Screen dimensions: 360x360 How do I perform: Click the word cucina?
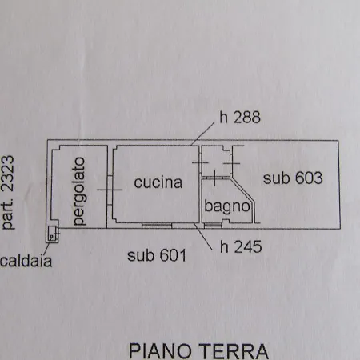[158, 182]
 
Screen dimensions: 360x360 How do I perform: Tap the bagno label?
[227, 206]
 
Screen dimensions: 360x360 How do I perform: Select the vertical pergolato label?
[79, 191]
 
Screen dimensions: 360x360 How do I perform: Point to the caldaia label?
[26, 261]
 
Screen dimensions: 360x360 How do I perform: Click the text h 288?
[240, 118]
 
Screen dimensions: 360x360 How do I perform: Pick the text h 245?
[241, 246]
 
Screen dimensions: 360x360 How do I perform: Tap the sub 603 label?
[293, 178]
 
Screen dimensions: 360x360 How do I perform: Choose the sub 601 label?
[157, 255]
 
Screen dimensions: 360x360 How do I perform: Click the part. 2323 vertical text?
[8, 192]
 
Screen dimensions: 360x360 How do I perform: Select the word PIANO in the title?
[160, 351]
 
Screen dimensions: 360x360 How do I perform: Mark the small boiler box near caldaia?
[52, 234]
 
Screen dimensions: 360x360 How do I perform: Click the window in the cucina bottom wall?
[157, 226]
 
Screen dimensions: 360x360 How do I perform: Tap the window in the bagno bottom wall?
[213, 226]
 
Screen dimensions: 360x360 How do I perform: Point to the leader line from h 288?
[203, 134]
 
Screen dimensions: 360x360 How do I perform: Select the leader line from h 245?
[203, 237]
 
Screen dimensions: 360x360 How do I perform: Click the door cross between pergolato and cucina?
[110, 190]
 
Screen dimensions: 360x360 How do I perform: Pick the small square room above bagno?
[215, 161]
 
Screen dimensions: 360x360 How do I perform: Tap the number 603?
[309, 178]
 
